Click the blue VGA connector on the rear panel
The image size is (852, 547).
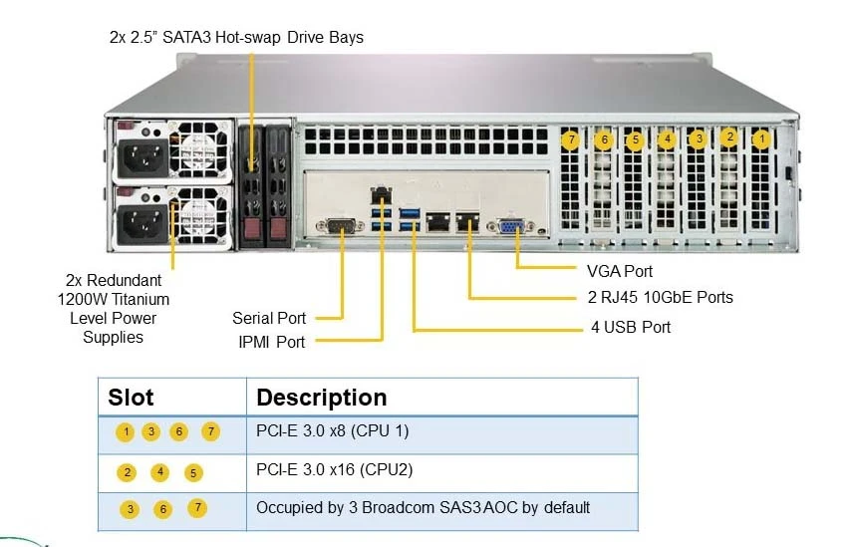(510, 226)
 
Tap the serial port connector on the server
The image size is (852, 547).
(340, 225)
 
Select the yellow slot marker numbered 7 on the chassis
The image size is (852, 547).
(571, 140)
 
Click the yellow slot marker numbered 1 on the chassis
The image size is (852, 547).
(761, 139)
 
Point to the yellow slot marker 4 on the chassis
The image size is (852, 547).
(667, 139)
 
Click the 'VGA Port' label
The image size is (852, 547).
(620, 271)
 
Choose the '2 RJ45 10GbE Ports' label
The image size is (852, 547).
(661, 297)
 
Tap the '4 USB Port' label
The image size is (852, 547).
(631, 327)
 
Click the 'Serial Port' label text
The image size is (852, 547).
(269, 318)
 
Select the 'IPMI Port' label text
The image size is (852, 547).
(272, 342)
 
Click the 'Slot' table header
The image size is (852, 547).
(131, 398)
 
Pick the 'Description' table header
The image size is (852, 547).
(322, 398)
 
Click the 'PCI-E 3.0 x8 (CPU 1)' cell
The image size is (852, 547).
(333, 430)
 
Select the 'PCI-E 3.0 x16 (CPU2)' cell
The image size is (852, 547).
(335, 469)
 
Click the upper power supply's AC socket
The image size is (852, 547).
(143, 157)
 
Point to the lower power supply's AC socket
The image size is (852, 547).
(143, 224)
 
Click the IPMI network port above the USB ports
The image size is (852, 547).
(382, 194)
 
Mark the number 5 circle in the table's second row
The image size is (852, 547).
(193, 473)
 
